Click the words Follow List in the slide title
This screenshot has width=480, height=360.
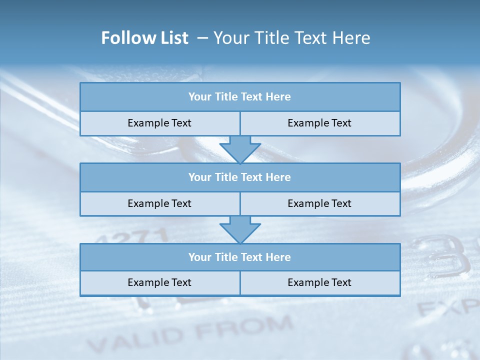coord(144,38)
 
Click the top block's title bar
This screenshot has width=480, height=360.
coord(240,97)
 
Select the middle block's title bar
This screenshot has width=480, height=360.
coord(240,177)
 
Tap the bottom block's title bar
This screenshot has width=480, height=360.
coord(240,257)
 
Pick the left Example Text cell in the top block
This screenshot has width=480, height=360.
coord(159,123)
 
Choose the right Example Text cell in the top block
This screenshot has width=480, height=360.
coord(319,123)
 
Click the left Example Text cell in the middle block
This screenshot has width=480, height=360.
coord(159,204)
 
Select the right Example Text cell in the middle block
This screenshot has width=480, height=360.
coord(319,204)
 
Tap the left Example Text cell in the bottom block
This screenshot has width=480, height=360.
coord(159,283)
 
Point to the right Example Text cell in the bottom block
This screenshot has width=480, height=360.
coord(319,283)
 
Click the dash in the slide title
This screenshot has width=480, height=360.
coord(202,38)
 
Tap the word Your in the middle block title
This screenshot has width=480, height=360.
coord(200,177)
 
